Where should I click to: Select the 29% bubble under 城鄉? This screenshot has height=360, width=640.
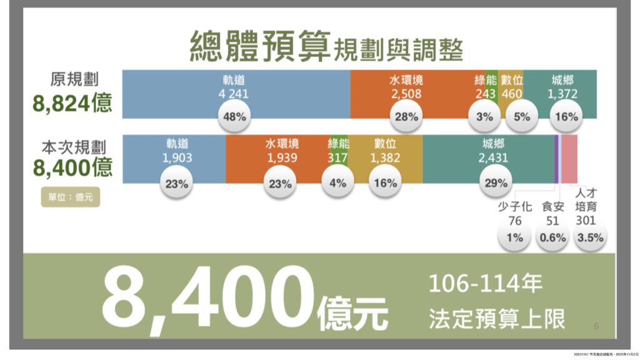tap(494, 184)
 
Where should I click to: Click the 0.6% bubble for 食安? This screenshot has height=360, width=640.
tap(553, 237)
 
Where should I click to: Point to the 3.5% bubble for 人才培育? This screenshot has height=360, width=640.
tap(590, 237)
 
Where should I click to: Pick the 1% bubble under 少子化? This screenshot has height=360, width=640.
tap(514, 237)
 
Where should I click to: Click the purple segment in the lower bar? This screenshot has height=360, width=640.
tap(556, 159)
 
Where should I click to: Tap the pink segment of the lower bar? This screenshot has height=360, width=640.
tap(569, 159)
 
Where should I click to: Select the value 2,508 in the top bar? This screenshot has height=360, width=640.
tap(407, 95)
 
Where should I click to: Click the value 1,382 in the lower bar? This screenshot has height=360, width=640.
tap(385, 158)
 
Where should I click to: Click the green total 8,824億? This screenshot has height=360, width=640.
tap(73, 102)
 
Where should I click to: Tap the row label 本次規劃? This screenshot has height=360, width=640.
tap(74, 147)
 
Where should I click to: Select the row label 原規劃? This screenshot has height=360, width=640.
tap(74, 80)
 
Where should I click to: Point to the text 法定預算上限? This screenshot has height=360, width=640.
tap(497, 319)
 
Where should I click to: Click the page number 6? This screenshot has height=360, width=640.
tap(596, 326)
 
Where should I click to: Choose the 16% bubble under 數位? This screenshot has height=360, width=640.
tap(385, 184)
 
